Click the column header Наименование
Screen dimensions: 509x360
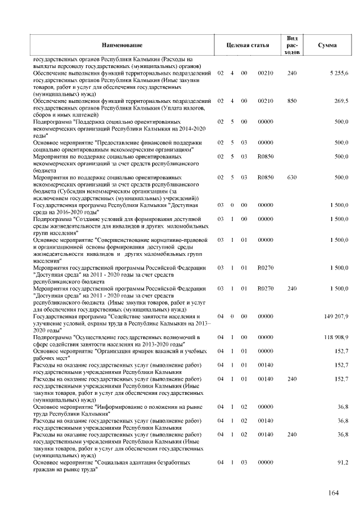tap(122, 44)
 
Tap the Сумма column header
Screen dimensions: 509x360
tap(327, 44)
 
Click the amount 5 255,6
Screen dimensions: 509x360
tap(339, 74)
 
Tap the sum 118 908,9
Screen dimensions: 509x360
tap(336, 337)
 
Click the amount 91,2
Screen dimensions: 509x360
tap(343, 462)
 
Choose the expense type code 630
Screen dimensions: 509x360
tap(291, 178)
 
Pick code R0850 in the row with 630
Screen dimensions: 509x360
tap(265, 178)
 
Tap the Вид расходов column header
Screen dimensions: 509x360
tap(291, 44)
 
